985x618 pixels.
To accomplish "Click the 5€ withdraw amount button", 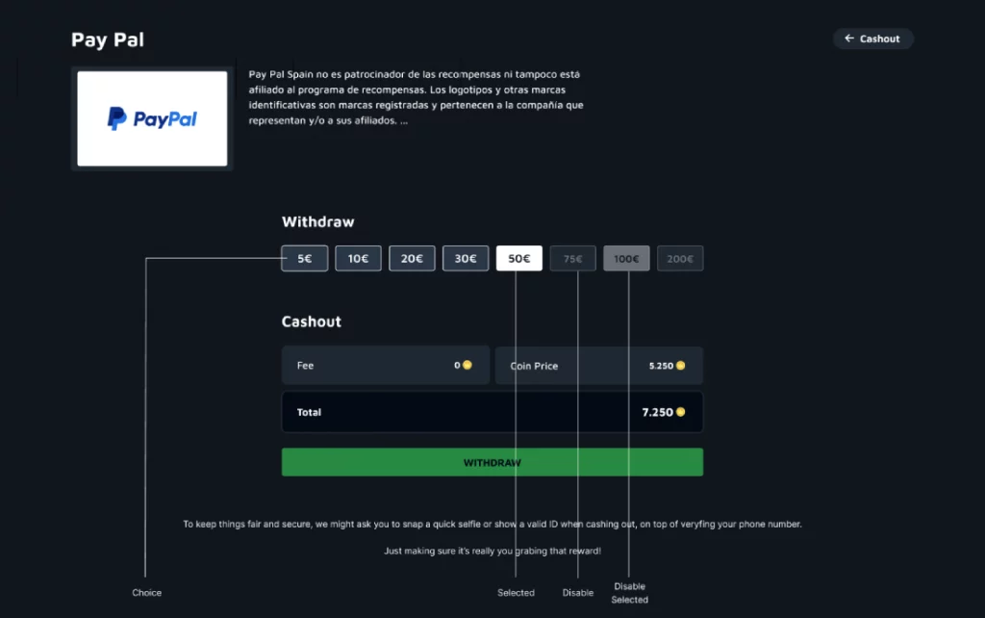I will (304, 258).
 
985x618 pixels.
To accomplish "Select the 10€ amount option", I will (358, 258).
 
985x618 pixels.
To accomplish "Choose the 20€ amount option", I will (412, 258).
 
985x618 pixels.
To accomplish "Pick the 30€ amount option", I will (466, 258).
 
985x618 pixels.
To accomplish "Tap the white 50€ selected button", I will (519, 258).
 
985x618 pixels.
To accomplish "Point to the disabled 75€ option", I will (573, 258).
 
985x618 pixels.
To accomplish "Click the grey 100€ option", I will (626, 258).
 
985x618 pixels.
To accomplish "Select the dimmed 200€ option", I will (680, 258).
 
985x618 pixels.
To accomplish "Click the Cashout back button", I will (872, 39).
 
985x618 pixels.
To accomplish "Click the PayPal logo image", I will (152, 118).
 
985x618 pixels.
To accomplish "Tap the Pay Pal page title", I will (108, 40).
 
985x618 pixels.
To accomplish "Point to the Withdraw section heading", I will (317, 221).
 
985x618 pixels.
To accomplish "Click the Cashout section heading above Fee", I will (311, 322).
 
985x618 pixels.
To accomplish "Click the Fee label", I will (305, 366).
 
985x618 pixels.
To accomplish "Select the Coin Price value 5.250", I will (661, 366).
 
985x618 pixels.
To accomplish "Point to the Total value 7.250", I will (657, 412).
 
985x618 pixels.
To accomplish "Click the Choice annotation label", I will (146, 592).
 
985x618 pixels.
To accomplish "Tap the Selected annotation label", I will (516, 592).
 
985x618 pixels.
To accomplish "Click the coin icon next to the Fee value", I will (467, 366).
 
